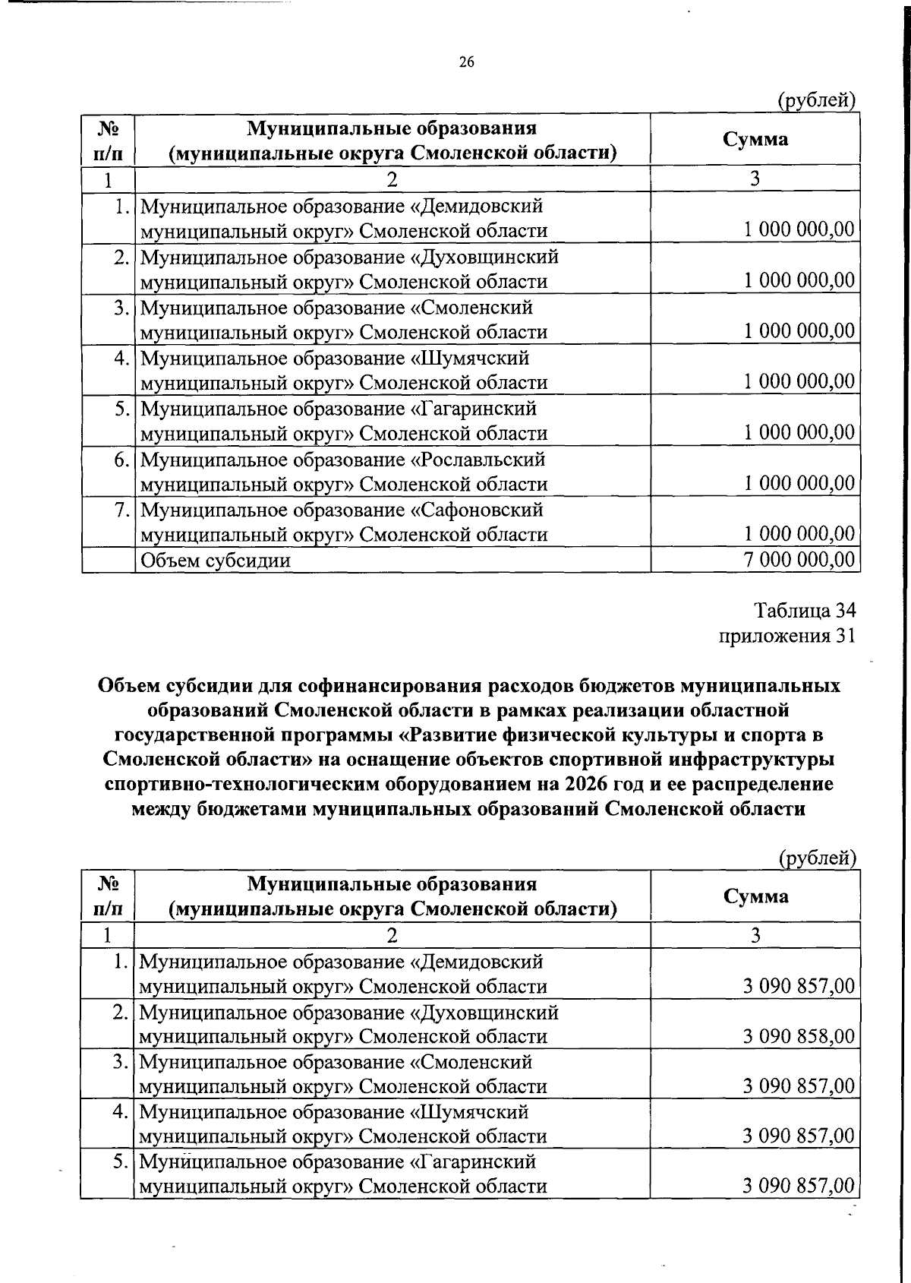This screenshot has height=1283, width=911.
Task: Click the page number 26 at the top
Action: [x=466, y=63]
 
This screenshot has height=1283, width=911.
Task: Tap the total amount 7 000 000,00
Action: [x=799, y=560]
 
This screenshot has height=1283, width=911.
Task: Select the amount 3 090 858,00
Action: [x=799, y=1036]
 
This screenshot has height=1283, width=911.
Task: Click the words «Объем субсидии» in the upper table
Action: [x=216, y=561]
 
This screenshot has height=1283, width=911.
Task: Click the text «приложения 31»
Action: [x=787, y=635]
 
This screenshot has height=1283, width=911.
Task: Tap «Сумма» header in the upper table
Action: [x=755, y=139]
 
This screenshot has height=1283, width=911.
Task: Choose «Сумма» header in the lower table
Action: [x=755, y=896]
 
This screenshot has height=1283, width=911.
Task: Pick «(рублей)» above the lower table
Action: [x=818, y=858]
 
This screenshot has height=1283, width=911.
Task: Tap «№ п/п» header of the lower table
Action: [x=108, y=896]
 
